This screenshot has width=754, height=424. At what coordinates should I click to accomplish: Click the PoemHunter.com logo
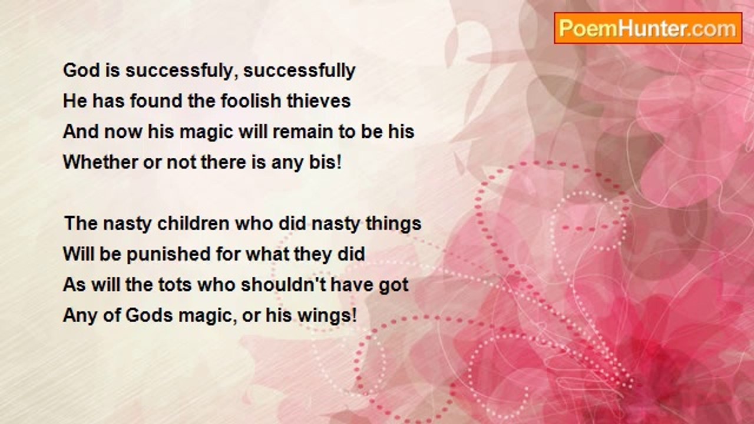(x=648, y=28)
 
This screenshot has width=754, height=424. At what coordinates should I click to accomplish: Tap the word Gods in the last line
(x=149, y=315)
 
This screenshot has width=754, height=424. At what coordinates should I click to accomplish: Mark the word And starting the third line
(x=81, y=131)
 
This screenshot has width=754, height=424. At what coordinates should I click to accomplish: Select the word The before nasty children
(x=81, y=223)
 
